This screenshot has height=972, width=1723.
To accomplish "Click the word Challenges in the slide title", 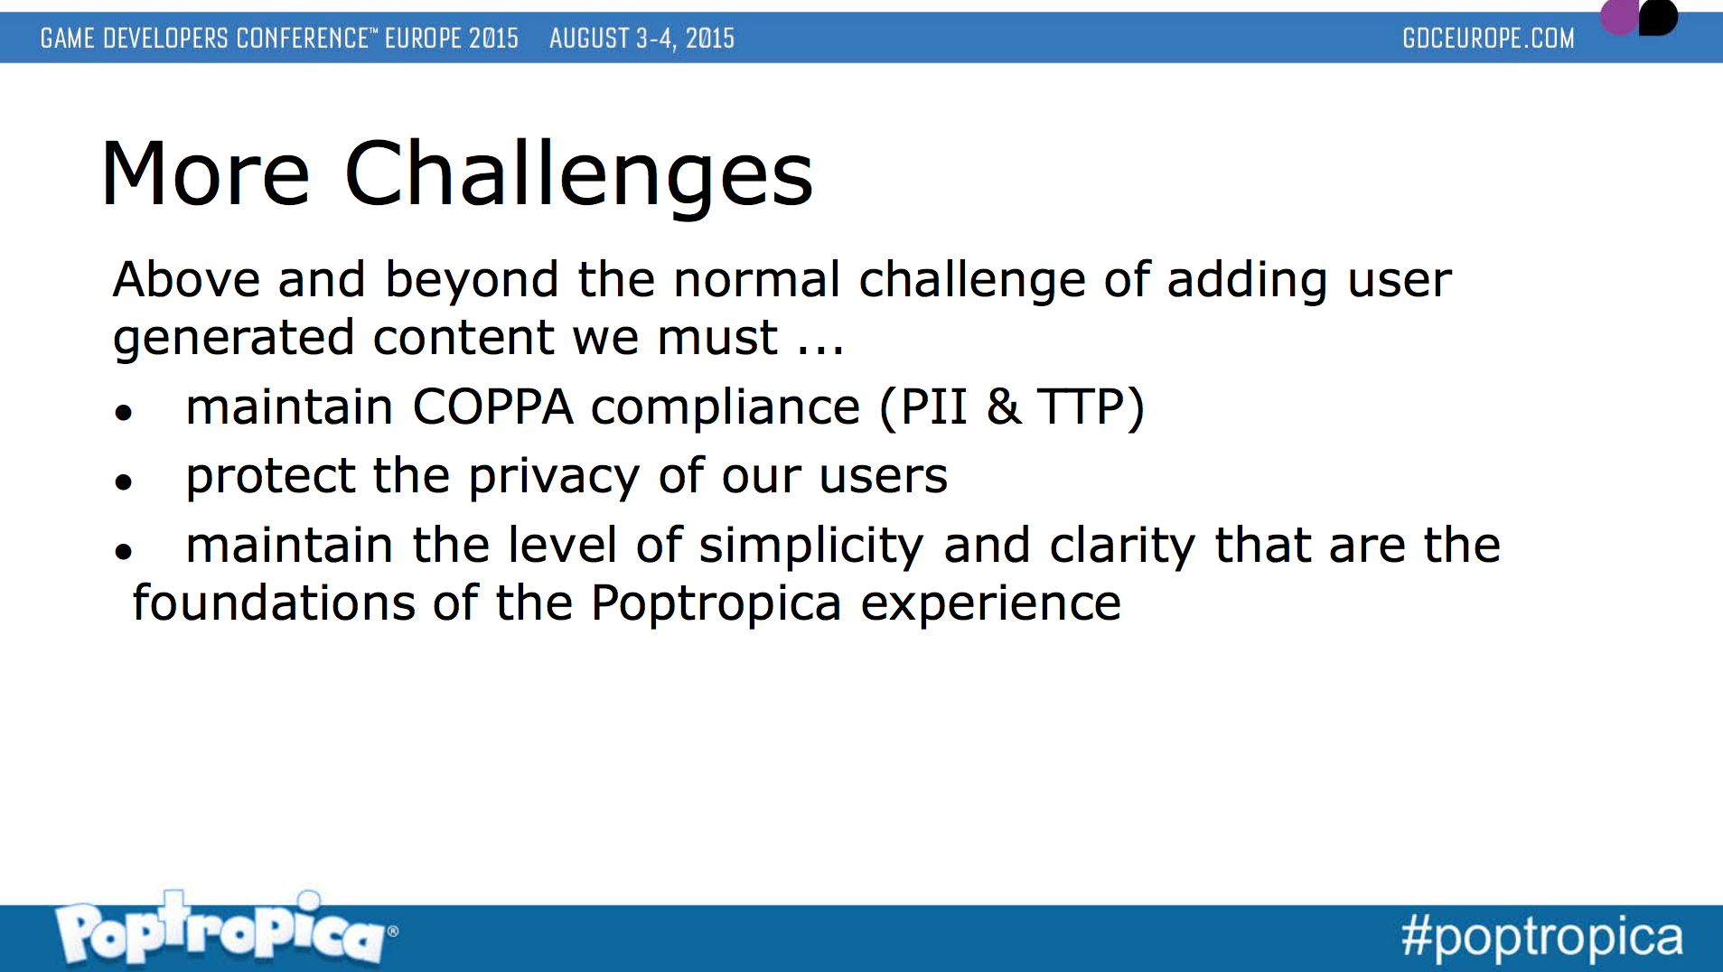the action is click(579, 175).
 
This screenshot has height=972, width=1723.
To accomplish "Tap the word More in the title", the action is click(206, 173).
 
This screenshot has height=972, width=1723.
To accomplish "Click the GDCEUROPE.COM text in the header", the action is click(1488, 38).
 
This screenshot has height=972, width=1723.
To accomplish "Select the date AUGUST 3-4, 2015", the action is click(641, 38).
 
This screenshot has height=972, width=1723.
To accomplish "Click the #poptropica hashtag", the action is click(1542, 937).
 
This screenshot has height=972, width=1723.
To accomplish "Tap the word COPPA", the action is click(492, 407).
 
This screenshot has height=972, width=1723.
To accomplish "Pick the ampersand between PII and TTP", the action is click(1004, 407).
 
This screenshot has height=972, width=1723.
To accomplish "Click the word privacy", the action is click(554, 477).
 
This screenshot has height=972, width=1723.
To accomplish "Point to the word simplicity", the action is click(811, 547).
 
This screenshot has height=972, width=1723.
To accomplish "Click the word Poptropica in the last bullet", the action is click(716, 604).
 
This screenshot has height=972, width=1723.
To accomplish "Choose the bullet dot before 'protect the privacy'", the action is click(124, 482).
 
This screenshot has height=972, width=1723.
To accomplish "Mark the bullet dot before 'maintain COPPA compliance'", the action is click(124, 413).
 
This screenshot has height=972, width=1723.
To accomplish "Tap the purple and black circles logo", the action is click(1639, 16).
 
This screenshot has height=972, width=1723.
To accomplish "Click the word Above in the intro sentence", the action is click(187, 279).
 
